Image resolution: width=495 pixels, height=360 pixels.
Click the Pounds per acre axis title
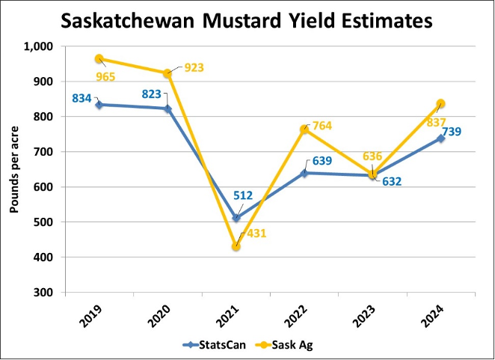point(14,168)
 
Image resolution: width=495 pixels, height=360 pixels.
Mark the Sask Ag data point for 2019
point(99,58)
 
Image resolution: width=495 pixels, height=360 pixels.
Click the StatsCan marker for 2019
point(99,105)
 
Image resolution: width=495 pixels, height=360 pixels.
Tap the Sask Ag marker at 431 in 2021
point(236,246)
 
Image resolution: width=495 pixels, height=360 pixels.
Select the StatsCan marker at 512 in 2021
point(236,218)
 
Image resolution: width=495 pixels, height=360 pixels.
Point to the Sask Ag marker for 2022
point(305,129)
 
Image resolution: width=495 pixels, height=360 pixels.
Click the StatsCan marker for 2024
point(440,138)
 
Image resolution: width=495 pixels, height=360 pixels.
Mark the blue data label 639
point(322,160)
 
